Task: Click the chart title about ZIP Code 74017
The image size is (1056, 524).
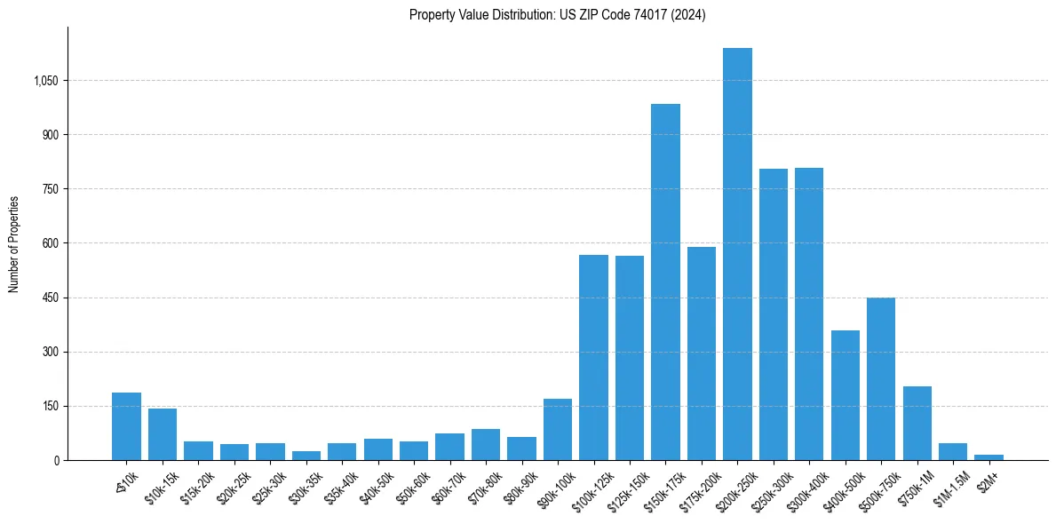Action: [557, 15]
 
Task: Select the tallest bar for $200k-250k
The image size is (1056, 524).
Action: [737, 254]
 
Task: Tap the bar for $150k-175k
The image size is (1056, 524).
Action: [665, 282]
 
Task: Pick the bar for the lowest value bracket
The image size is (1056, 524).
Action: [126, 427]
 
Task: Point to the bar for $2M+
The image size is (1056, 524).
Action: [989, 457]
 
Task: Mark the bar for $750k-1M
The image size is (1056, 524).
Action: [917, 424]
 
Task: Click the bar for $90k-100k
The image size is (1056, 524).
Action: [558, 430]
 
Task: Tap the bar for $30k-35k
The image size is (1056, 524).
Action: [306, 456]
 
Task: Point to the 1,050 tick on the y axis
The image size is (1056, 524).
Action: [45, 81]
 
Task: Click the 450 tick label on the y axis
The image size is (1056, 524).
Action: [49, 298]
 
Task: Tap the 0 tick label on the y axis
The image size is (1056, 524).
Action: [55, 460]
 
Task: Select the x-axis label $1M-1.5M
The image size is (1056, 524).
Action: [949, 486]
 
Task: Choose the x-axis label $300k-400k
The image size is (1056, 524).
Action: [806, 486]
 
